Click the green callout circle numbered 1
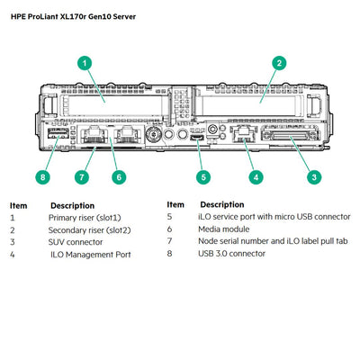[x=85, y=63]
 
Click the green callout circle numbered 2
[x=280, y=63]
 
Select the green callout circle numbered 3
[x=314, y=176]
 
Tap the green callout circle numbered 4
[x=256, y=176]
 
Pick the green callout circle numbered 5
[x=204, y=176]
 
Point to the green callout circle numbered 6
[x=117, y=176]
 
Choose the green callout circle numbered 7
[x=82, y=176]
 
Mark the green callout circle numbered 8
[x=42, y=176]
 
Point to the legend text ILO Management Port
[x=91, y=255]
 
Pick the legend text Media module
[x=225, y=229]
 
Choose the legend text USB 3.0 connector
[x=231, y=254]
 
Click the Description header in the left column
[x=72, y=205]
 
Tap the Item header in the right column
[x=175, y=204]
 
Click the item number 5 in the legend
[x=169, y=217]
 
